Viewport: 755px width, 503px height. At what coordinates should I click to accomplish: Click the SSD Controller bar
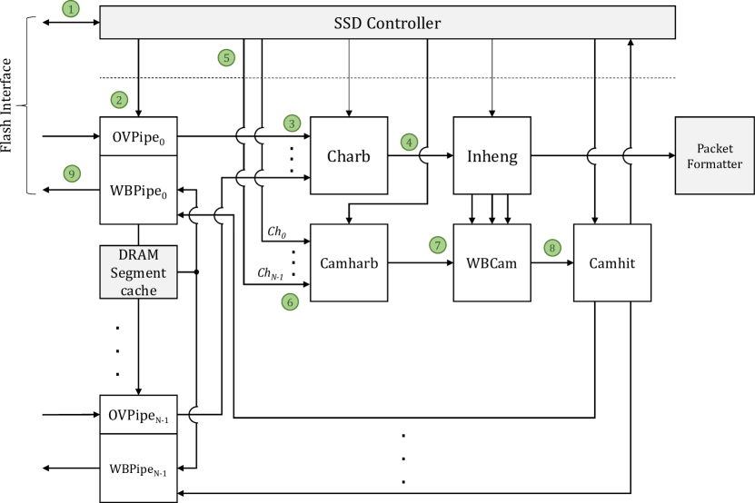coord(387,23)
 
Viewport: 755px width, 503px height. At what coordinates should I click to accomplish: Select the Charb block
coord(349,155)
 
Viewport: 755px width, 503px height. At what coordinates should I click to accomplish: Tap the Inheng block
coord(492,155)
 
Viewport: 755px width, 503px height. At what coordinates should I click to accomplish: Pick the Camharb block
coord(349,262)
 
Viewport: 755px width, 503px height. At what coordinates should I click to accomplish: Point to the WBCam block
coord(492,262)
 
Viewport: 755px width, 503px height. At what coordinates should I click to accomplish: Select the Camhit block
coord(611,262)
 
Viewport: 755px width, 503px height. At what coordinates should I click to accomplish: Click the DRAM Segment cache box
coord(138,271)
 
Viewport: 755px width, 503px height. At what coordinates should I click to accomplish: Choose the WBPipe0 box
coord(138,189)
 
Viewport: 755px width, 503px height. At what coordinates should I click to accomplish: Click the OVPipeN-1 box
coord(138,415)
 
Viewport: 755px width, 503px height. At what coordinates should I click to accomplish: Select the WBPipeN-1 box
coord(138,468)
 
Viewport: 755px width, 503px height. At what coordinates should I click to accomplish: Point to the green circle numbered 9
coord(73,173)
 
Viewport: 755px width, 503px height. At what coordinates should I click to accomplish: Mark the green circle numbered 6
coord(290,301)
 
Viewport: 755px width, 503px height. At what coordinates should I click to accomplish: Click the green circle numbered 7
coord(439,245)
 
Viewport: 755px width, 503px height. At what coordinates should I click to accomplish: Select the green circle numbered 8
coord(551,247)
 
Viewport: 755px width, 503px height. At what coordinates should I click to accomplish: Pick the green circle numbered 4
coord(410,143)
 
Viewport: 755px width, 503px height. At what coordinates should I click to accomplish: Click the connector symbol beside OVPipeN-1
coord(201,415)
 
